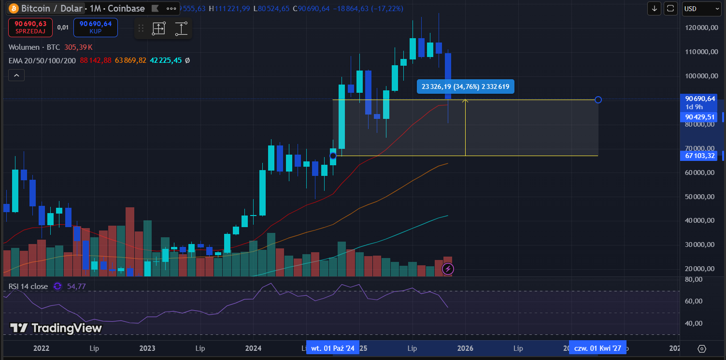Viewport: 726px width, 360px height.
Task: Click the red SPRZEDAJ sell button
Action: click(30, 27)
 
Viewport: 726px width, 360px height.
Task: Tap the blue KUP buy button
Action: click(95, 27)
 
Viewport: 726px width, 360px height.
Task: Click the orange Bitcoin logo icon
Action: click(14, 9)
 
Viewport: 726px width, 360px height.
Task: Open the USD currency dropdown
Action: click(702, 9)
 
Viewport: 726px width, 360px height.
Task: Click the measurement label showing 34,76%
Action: click(466, 86)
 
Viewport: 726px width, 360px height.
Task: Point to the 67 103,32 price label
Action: click(698, 156)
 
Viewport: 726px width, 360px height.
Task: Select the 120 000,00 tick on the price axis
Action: click(699, 28)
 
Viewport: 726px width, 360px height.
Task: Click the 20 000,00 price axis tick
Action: click(699, 269)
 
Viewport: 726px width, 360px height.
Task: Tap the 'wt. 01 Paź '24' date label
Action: click(333, 348)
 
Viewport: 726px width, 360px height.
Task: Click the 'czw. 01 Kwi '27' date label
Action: click(598, 348)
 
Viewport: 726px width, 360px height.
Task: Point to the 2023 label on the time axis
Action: click(147, 348)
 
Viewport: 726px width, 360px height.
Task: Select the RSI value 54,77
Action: click(76, 287)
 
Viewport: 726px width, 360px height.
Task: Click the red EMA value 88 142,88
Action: click(96, 60)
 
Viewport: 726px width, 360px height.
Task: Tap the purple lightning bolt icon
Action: click(448, 269)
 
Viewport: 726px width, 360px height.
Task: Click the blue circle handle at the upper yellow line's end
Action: click(598, 100)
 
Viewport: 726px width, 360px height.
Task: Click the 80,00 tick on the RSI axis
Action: click(694, 279)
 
